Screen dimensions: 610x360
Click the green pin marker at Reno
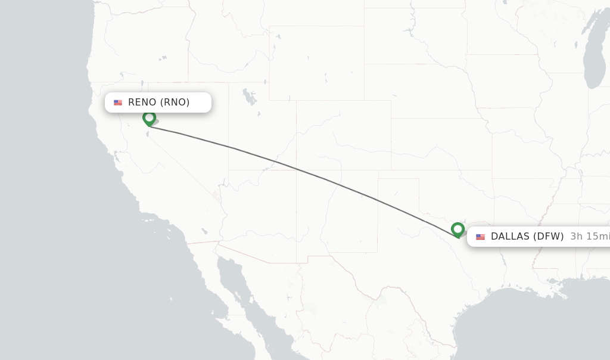pyautogui.click(x=149, y=118)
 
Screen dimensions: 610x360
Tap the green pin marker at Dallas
pyautogui.click(x=457, y=229)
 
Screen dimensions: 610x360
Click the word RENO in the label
pyautogui.click(x=142, y=102)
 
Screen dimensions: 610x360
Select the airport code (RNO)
pyautogui.click(x=175, y=102)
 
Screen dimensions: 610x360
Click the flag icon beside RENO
pyautogui.click(x=118, y=103)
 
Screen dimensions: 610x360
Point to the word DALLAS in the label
pyautogui.click(x=510, y=237)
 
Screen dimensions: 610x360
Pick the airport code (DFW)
pyautogui.click(x=548, y=237)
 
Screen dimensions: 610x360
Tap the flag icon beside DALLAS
pyautogui.click(x=480, y=237)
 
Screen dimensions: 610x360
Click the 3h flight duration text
pyautogui.click(x=577, y=237)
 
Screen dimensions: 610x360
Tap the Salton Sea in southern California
pyautogui.click(x=204, y=231)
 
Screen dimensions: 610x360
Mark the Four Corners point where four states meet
pyautogui.click(x=297, y=170)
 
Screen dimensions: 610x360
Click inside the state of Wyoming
pyautogui.click(x=316, y=63)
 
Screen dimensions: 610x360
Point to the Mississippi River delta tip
pyautogui.click(x=562, y=296)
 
